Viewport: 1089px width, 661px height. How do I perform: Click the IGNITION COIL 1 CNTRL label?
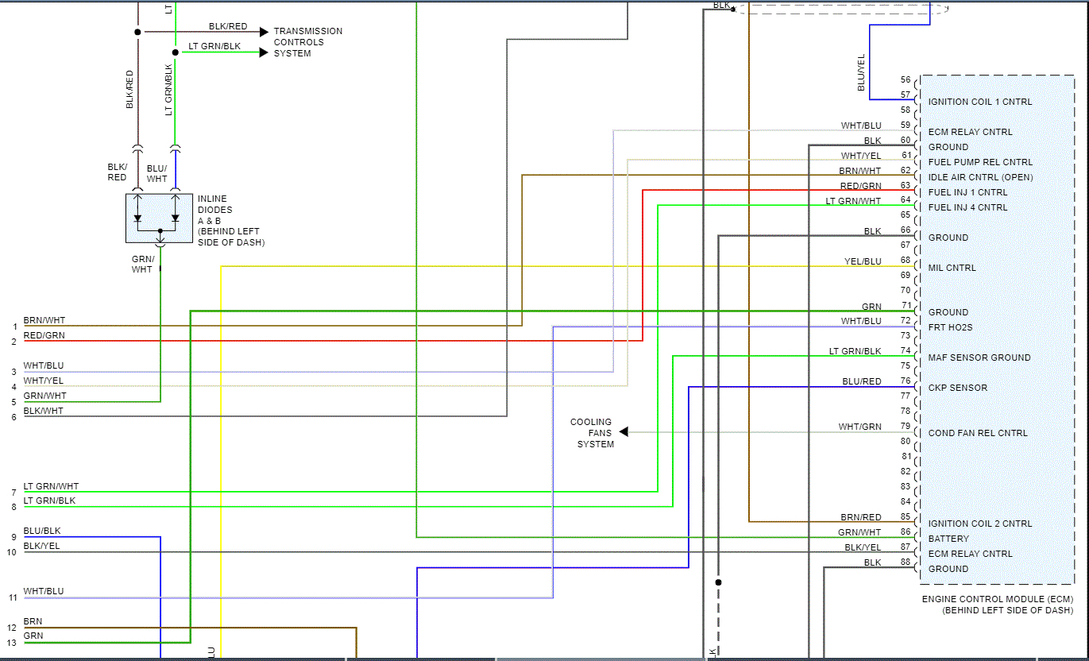(x=980, y=102)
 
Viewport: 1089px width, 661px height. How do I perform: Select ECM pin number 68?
(x=906, y=261)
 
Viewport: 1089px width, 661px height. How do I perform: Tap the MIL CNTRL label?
(x=952, y=268)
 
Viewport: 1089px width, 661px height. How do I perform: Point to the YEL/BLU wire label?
(x=863, y=261)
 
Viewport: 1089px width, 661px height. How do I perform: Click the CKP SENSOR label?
(x=958, y=388)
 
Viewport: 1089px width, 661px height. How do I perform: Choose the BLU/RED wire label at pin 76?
(x=862, y=381)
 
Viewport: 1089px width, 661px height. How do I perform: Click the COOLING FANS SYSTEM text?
(x=593, y=433)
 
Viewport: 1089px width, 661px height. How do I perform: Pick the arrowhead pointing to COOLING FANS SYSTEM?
(x=624, y=432)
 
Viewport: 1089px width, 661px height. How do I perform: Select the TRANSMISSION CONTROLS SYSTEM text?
(x=308, y=42)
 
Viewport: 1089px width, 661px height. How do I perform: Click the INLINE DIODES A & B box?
(x=160, y=218)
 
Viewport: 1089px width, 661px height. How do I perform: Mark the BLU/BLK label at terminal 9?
(x=42, y=531)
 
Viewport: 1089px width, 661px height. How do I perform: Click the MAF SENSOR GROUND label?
(x=979, y=358)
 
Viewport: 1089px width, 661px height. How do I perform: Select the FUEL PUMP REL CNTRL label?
(x=980, y=162)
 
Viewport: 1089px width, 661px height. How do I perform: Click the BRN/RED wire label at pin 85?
(x=861, y=517)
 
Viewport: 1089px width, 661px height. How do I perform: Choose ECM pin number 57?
(x=906, y=95)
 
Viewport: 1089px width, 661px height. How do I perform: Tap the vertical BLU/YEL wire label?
(x=862, y=72)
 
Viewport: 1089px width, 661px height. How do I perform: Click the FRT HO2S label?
(x=951, y=327)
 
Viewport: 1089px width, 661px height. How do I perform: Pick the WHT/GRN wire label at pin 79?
(x=859, y=427)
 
